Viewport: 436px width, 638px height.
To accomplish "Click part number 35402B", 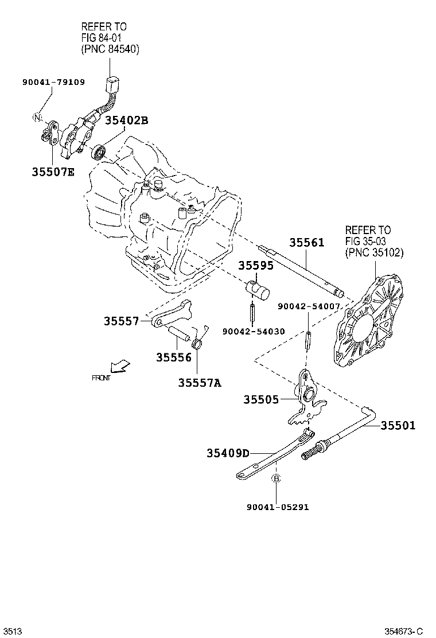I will pos(126,120).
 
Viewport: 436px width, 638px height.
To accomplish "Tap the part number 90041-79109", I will pos(53,82).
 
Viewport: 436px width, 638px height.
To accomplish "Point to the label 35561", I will pos(306,243).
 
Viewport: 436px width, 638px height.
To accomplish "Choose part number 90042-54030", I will pos(254,331).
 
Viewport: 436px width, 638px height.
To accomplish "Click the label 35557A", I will pos(199,382).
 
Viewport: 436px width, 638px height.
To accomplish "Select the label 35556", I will pos(173,357).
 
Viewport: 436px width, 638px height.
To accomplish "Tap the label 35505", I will pos(261,399).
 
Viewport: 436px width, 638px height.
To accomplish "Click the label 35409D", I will pos(228,453).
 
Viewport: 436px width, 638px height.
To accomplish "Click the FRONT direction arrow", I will pos(120,365).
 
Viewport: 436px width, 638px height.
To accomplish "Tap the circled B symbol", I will pos(275,478).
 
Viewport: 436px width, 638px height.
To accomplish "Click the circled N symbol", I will pos(37,118).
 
